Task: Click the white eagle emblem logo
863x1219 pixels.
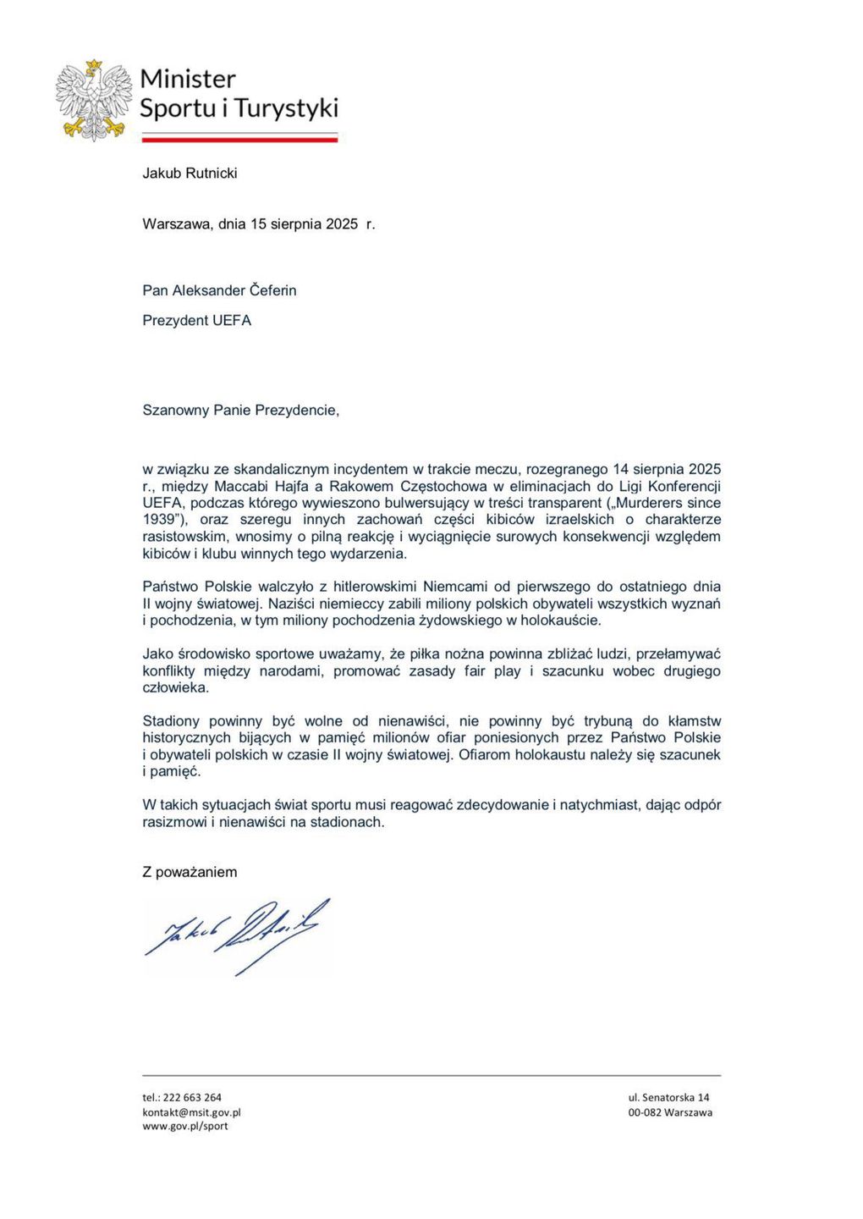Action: pos(94,100)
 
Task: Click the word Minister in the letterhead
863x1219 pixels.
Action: pos(187,79)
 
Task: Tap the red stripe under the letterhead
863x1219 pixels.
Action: pos(239,140)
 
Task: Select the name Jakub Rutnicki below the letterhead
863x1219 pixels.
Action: pos(190,174)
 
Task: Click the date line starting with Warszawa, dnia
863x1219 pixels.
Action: pos(258,224)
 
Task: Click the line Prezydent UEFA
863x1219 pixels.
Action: pos(196,321)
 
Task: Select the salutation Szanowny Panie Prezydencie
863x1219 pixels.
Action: pos(240,411)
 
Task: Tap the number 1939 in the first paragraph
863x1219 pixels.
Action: pos(158,520)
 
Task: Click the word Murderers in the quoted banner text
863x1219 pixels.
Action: pos(647,503)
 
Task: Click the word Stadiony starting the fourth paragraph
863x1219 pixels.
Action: pos(171,721)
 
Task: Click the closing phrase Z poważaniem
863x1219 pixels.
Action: pos(190,872)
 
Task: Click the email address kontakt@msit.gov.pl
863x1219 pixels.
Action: pos(191,1112)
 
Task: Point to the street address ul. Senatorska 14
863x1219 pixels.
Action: pos(668,1097)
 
